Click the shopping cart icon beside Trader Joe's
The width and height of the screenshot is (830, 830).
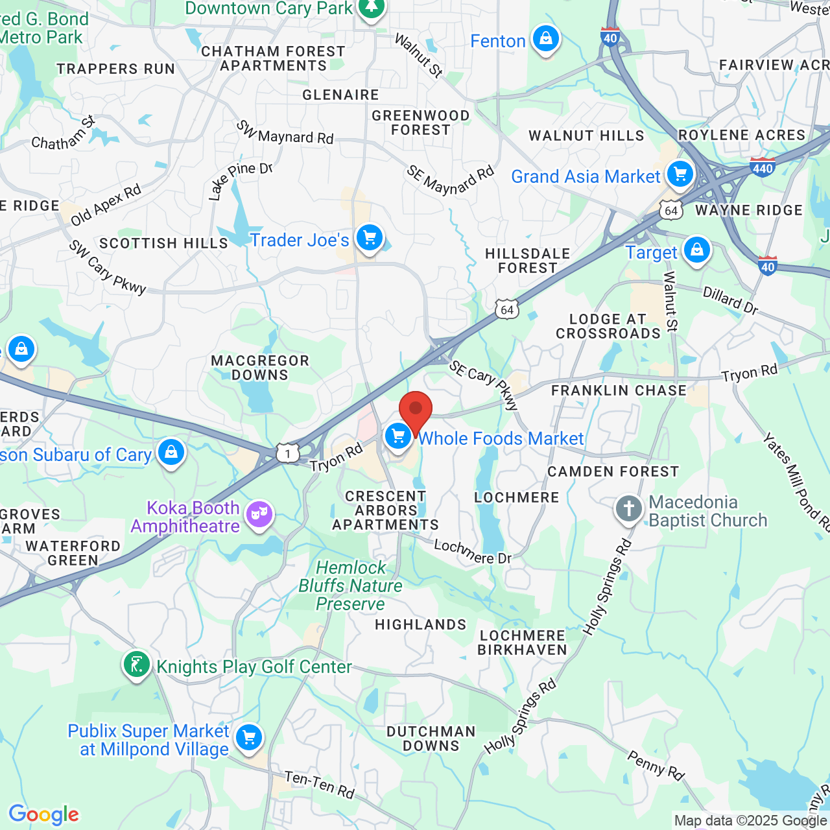tap(370, 238)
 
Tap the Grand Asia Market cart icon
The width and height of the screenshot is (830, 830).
tap(680, 174)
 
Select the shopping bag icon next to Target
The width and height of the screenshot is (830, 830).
tap(697, 250)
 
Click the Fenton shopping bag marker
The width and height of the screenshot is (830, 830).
tap(546, 39)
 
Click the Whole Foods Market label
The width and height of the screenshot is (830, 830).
tap(501, 439)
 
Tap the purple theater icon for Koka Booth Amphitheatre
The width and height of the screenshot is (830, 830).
tap(259, 515)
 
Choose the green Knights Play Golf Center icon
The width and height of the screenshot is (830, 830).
tap(137, 665)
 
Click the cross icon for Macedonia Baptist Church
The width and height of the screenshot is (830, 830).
tap(628, 509)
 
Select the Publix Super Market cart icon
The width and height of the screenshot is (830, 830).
tap(248, 737)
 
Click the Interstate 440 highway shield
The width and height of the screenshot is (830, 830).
tap(763, 168)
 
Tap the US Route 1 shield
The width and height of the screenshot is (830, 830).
tap(288, 453)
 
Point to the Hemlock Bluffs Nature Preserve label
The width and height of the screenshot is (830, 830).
tap(350, 586)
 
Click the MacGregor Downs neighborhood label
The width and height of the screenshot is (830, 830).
tap(260, 368)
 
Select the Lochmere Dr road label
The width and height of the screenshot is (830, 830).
tap(473, 552)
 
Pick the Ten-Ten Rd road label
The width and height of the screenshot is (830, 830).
tap(320, 785)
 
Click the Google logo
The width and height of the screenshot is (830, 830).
tap(43, 814)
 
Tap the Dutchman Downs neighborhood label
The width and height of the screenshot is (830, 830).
tap(431, 739)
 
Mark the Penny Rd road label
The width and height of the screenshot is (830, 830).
tap(656, 765)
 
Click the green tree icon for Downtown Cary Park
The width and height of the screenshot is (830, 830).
tap(372, 8)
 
